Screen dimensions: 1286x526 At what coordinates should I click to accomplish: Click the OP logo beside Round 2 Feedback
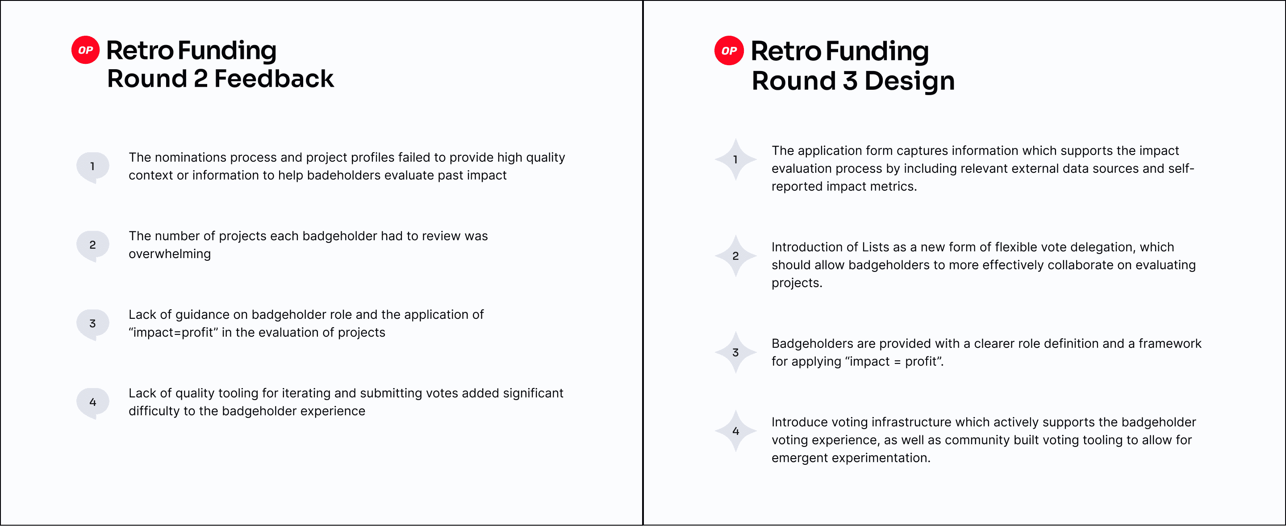tap(85, 50)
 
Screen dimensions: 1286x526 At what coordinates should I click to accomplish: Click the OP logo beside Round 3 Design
tap(729, 50)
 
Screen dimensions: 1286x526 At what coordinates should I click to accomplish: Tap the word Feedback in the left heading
tap(274, 79)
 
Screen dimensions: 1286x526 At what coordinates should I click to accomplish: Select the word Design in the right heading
tap(910, 81)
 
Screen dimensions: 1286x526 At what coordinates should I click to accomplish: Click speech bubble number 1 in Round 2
tap(93, 167)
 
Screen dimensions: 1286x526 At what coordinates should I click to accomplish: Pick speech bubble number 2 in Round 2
tap(93, 245)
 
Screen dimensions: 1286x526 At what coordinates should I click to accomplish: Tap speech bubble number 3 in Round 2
tap(93, 324)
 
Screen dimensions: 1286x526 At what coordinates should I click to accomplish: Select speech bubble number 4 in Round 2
tap(93, 402)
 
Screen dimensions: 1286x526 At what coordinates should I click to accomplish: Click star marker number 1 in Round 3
tap(735, 160)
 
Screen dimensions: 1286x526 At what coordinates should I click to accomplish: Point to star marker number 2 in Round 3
tap(735, 256)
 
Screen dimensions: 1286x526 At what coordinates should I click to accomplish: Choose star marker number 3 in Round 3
tap(735, 352)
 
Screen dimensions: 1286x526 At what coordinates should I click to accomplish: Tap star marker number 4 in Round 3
tap(735, 431)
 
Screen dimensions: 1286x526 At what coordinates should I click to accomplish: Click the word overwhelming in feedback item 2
tap(170, 254)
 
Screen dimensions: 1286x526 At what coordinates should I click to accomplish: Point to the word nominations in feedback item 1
tap(191, 157)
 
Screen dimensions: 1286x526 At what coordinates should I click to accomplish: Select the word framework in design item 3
tap(1170, 343)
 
